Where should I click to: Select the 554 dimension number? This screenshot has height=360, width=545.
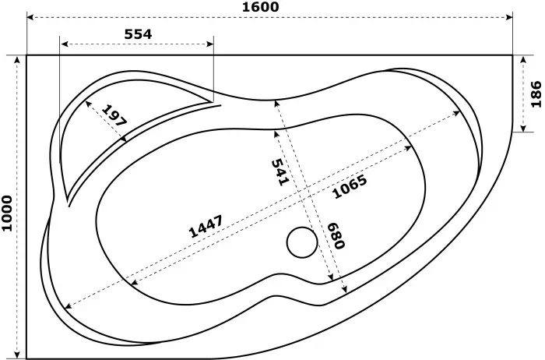(138, 34)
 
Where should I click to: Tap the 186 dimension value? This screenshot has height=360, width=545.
(535, 94)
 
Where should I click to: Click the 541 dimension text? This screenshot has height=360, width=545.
(280, 171)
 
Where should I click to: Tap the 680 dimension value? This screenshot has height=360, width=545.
(336, 233)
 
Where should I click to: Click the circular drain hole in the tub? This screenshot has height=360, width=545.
(302, 242)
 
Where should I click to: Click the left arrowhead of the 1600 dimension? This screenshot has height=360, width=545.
(30, 18)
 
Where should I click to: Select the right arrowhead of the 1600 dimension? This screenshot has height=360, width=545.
(511, 18)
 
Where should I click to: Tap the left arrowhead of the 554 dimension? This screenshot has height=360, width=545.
(63, 44)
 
